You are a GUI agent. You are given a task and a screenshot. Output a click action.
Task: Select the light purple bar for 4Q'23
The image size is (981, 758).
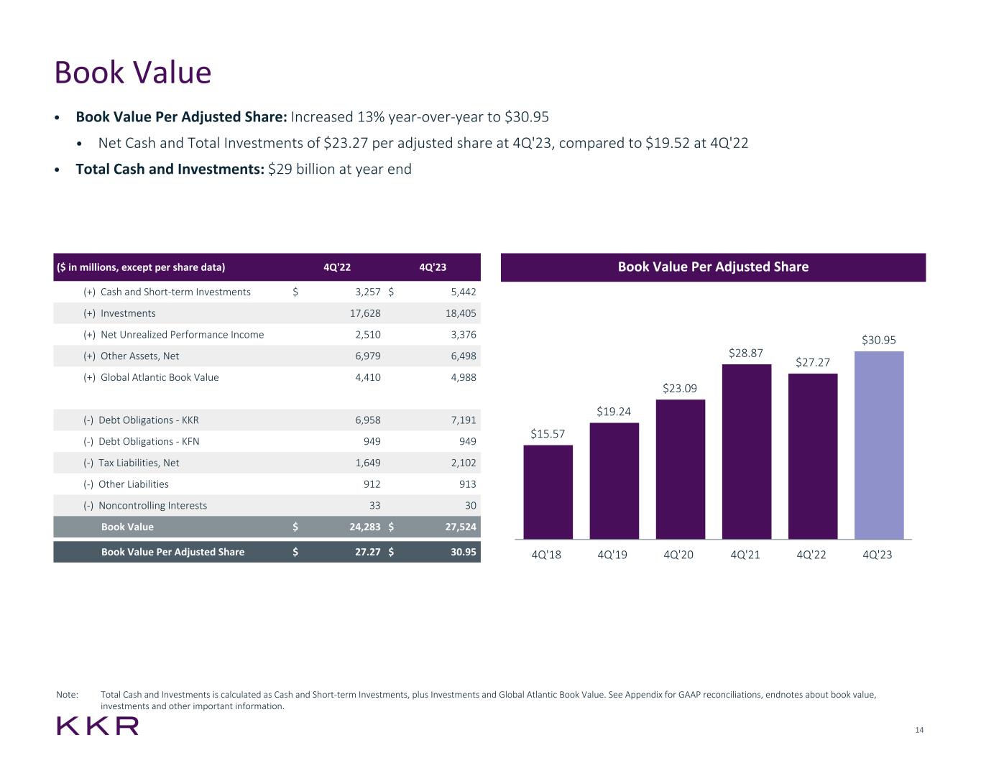point(878,445)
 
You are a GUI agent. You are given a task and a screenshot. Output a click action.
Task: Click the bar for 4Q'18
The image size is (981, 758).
point(548,492)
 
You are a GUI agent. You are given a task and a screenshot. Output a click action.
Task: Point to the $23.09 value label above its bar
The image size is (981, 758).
point(680,389)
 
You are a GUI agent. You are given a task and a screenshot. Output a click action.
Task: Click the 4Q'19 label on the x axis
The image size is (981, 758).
point(612,555)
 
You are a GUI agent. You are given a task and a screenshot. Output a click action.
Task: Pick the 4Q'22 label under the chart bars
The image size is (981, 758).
point(811,555)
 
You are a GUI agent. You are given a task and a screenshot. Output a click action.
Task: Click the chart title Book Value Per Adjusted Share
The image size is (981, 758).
point(713,267)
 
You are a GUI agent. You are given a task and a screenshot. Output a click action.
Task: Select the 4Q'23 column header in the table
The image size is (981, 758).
point(432,267)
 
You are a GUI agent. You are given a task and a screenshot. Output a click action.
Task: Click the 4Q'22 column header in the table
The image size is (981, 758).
point(337,267)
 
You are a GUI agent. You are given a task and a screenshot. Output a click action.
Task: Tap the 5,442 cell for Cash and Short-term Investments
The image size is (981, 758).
point(460,292)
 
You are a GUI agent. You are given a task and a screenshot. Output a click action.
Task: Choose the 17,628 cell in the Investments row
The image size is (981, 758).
point(364,313)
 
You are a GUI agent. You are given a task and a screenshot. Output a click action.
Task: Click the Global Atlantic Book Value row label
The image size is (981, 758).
point(160,377)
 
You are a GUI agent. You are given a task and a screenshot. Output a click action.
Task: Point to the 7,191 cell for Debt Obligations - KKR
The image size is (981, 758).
point(460,420)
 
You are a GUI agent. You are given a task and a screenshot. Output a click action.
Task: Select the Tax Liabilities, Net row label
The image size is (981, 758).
point(139,463)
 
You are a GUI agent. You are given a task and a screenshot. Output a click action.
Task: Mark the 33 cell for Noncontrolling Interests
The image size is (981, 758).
point(374,505)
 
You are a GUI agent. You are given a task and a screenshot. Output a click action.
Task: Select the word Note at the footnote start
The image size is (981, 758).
point(67,695)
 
